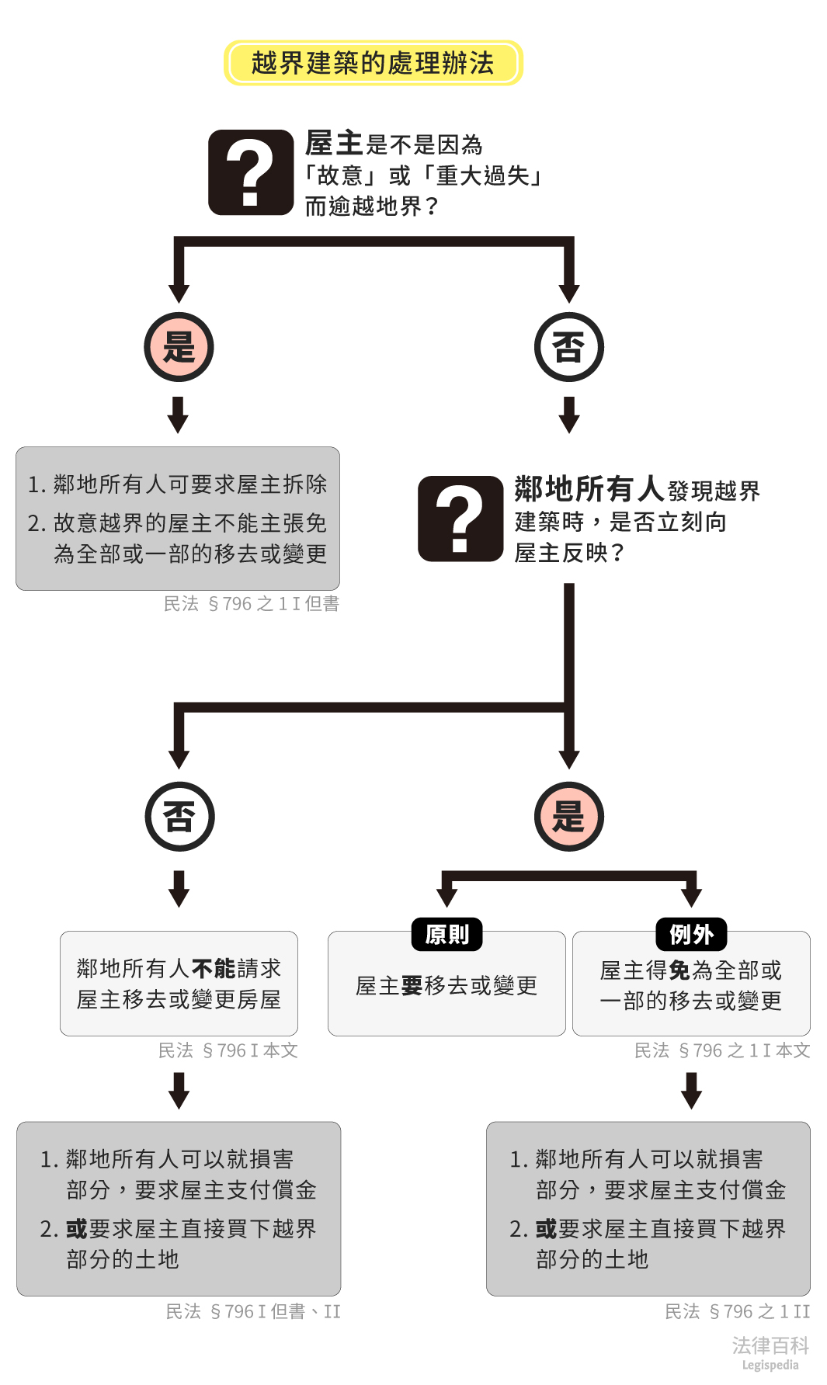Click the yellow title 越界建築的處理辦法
click(373, 63)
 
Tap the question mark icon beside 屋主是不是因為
click(251, 172)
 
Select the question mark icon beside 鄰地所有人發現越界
click(460, 519)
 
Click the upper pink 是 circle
click(179, 347)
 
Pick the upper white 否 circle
click(568, 347)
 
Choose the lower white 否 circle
click(179, 817)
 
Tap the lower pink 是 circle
click(568, 817)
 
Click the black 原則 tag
click(447, 934)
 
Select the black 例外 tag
click(691, 934)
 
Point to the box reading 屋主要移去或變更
click(447, 986)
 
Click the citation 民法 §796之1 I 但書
click(252, 604)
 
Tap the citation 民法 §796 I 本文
click(228, 1051)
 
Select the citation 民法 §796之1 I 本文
click(722, 1051)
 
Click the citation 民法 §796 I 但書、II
click(253, 1312)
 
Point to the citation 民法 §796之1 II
click(737, 1312)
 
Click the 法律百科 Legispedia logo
click(770, 1352)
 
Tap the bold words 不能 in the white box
click(214, 969)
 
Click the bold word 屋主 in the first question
click(334, 144)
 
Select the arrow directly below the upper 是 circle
click(179, 415)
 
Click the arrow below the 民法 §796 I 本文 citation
click(179, 1090)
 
